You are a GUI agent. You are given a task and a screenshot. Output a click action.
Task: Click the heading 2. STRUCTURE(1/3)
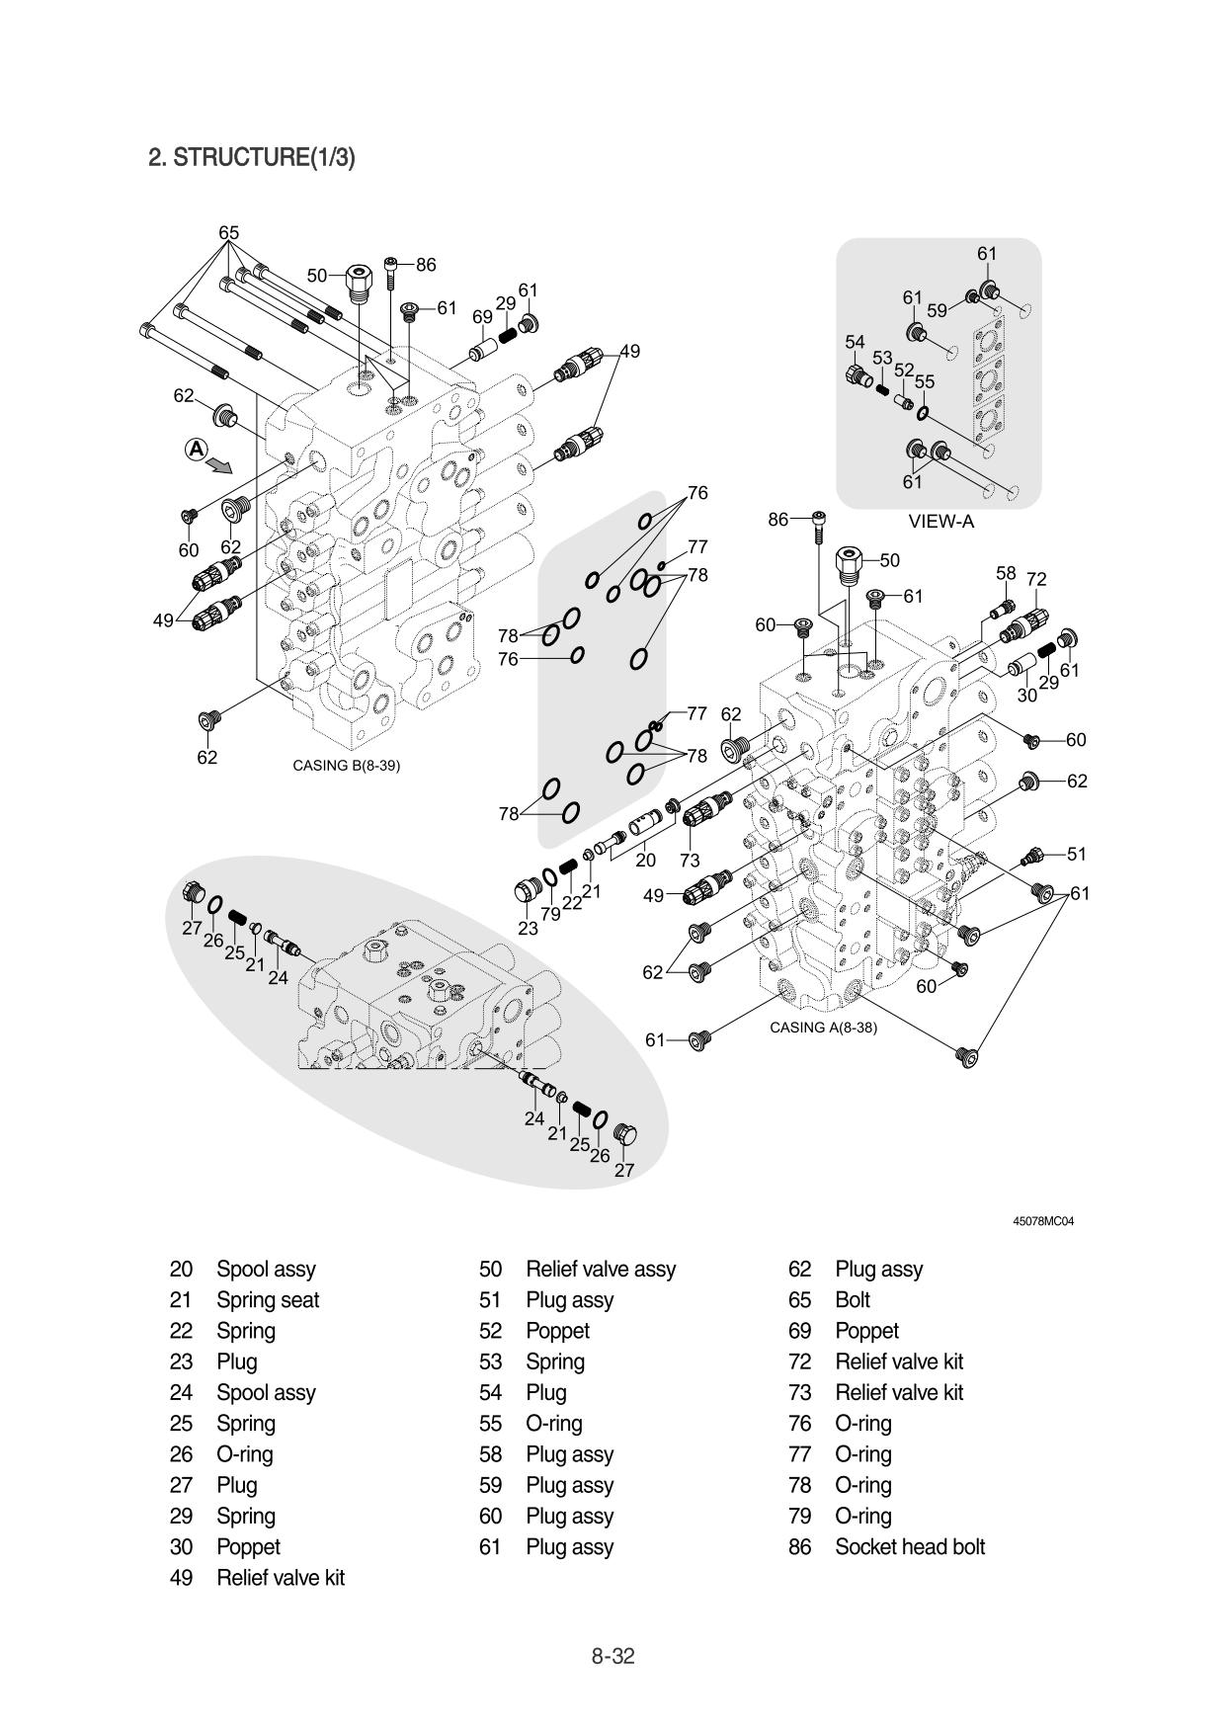pyautogui.click(x=251, y=157)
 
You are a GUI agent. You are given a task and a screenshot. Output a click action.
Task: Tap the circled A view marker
pyautogui.click(x=197, y=450)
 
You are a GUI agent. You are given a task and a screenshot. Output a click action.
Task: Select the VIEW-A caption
pyautogui.click(x=940, y=522)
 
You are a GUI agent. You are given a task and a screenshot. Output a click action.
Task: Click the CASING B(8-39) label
pyautogui.click(x=346, y=765)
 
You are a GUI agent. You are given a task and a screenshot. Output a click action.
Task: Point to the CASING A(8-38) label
pyautogui.click(x=823, y=1028)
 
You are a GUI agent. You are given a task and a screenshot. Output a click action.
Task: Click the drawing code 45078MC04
pyautogui.click(x=1043, y=1221)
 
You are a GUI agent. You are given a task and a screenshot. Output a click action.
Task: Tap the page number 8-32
pyautogui.click(x=612, y=1656)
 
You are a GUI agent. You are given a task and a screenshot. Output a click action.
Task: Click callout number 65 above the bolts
pyautogui.click(x=228, y=233)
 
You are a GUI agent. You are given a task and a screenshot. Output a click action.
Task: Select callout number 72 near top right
pyautogui.click(x=1036, y=579)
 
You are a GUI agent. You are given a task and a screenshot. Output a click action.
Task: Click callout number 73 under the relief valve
pyautogui.click(x=689, y=861)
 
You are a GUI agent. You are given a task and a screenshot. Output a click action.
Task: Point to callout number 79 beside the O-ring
pyautogui.click(x=550, y=914)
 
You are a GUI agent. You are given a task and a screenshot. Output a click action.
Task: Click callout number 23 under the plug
pyautogui.click(x=529, y=928)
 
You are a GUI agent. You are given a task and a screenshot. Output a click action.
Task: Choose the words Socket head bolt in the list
pyautogui.click(x=910, y=1546)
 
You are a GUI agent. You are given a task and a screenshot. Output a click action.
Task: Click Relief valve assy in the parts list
pyautogui.click(x=601, y=1269)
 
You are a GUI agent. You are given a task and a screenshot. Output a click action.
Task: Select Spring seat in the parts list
pyautogui.click(x=268, y=1299)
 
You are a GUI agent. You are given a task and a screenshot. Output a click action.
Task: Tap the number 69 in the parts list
pyautogui.click(x=799, y=1330)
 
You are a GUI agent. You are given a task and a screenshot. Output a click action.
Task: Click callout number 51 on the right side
pyautogui.click(x=1077, y=854)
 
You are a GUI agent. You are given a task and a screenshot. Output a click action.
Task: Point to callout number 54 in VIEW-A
pyautogui.click(x=855, y=342)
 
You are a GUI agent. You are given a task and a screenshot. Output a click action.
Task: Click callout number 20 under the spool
pyautogui.click(x=645, y=861)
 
